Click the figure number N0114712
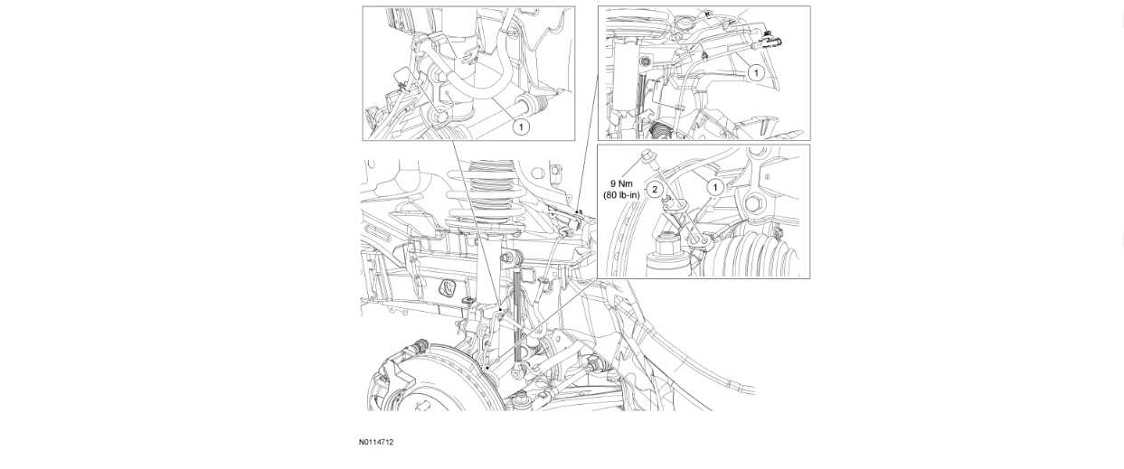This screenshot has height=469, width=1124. (x=375, y=442)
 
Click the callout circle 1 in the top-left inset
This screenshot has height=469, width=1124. (x=521, y=127)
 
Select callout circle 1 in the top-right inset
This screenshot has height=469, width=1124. (x=756, y=72)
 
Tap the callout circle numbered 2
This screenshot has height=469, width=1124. (x=656, y=190)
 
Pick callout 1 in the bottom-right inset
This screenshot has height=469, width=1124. (x=715, y=187)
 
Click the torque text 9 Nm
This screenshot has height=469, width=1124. (x=621, y=183)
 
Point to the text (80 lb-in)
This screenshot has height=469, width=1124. (x=621, y=194)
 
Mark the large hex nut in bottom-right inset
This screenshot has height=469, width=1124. (x=669, y=244)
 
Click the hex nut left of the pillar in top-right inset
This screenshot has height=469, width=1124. (x=646, y=63)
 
